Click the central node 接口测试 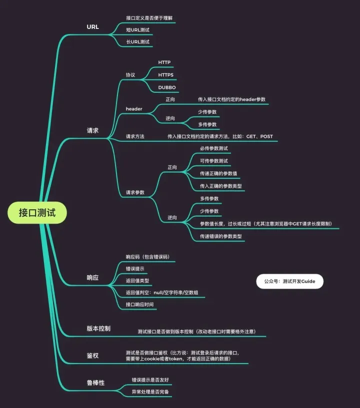pos(37,213)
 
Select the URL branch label pos(92,27)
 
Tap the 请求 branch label pos(92,130)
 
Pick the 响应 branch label pos(92,278)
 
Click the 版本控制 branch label pos(98,329)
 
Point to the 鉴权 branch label pos(92,356)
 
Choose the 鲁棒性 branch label pos(95,383)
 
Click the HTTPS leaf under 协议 pos(165,75)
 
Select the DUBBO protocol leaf pos(167,87)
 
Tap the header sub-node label pos(134,109)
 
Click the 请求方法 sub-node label pos(135,136)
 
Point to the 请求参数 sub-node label pos(135,192)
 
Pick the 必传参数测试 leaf pos(214,148)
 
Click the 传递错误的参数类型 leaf pos(221,236)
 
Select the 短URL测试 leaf pos(138,30)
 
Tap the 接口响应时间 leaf pos(139,305)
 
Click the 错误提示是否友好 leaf pos(150,380)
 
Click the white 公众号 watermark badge pos(289,281)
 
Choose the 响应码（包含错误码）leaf pos(147,257)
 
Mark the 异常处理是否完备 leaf pos(150,392)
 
